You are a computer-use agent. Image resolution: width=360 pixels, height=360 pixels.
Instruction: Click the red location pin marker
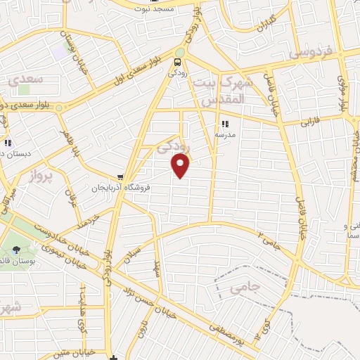(x=181, y=165)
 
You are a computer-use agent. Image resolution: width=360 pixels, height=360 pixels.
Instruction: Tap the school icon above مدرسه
(x=225, y=124)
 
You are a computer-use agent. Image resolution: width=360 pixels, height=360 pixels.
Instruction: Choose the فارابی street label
(x=310, y=122)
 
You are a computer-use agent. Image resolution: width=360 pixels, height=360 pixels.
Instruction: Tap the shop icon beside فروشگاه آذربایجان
(x=122, y=178)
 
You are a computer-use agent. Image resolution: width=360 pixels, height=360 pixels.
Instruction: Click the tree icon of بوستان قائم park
(x=17, y=249)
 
